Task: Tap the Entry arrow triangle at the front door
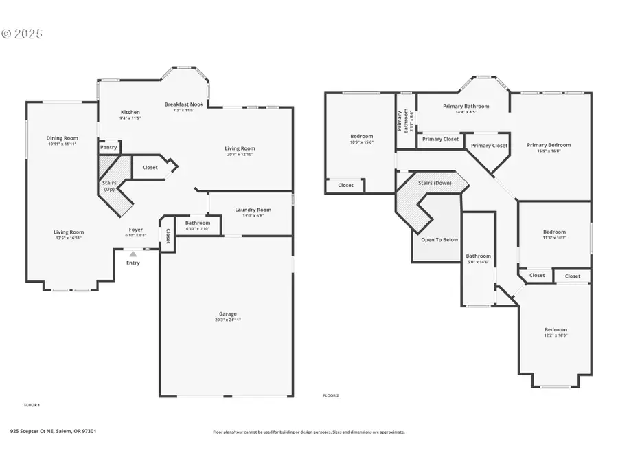(133, 254)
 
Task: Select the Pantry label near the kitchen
(108, 147)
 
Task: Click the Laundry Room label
(253, 210)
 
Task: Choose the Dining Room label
(62, 138)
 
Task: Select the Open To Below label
(439, 240)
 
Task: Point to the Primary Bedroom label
(549, 145)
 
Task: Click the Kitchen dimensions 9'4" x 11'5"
(130, 118)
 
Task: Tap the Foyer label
(136, 230)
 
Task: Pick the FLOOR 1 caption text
(32, 405)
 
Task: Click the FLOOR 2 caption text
(331, 395)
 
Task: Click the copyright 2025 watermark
(22, 33)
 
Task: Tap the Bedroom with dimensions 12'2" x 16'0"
(556, 330)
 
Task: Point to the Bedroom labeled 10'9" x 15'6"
(361, 137)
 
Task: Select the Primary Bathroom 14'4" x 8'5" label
(466, 107)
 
